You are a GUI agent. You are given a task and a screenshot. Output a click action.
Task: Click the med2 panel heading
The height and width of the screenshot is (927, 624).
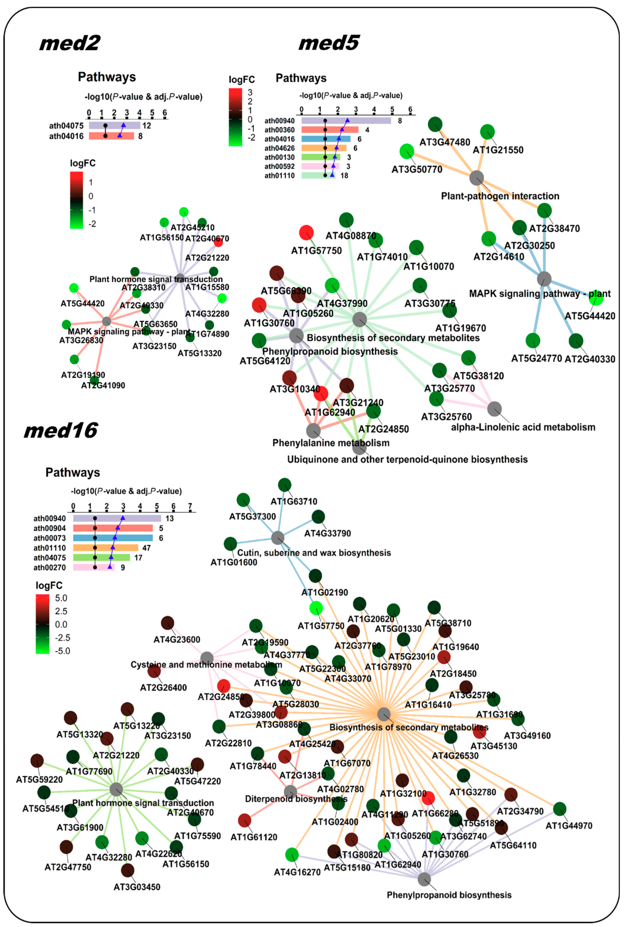tap(70, 43)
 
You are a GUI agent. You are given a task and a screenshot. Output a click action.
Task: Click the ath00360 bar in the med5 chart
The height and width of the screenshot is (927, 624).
tap(330, 130)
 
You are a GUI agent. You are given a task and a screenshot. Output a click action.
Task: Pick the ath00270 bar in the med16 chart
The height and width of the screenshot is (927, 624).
tap(93, 567)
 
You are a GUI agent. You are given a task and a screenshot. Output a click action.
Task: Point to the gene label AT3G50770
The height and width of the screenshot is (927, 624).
tap(417, 169)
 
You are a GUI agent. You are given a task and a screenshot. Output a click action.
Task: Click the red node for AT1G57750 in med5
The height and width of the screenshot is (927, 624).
tap(306, 233)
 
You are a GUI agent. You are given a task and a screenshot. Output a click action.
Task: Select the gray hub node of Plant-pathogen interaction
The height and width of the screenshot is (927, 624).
tap(477, 178)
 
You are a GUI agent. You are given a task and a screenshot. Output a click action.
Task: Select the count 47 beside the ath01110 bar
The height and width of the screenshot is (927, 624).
tap(146, 548)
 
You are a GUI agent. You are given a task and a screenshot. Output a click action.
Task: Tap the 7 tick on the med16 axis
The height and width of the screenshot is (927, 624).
tap(190, 506)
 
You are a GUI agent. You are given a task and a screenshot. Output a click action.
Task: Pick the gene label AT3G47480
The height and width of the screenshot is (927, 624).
tap(445, 142)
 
